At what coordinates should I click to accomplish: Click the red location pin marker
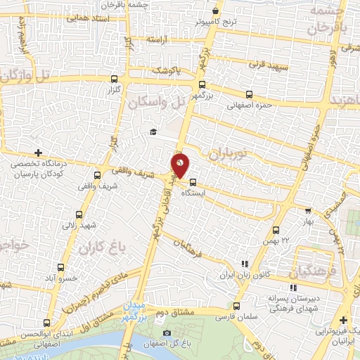(x=180, y=165)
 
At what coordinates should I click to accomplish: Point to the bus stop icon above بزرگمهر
(x=202, y=84)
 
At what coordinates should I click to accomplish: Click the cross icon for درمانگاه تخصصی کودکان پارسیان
(x=38, y=152)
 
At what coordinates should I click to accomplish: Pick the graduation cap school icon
(x=153, y=132)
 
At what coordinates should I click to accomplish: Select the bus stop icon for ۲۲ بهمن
(x=276, y=230)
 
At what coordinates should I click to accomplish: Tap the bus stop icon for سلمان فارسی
(x=236, y=306)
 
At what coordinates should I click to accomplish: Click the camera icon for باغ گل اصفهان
(x=166, y=333)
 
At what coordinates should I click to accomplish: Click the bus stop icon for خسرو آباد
(x=60, y=267)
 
